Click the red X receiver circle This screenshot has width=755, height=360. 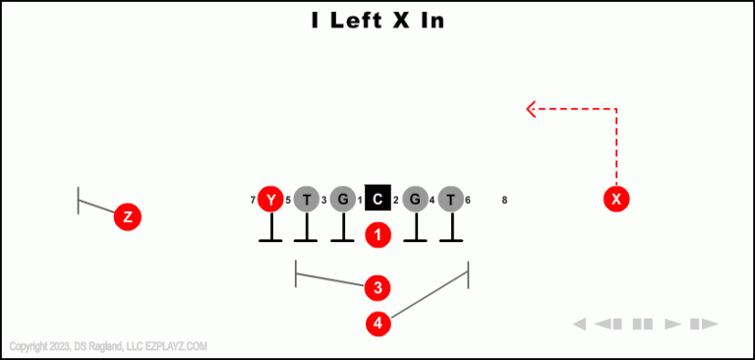coord(616,199)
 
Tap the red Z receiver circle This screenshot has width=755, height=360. coord(127,216)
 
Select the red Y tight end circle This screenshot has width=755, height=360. coord(270,200)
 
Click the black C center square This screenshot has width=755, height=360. coord(377,200)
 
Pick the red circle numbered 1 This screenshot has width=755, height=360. coord(378,235)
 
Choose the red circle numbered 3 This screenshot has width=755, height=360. coord(377,287)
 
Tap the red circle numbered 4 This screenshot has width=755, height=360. coord(377,323)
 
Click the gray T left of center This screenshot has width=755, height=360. coord(307,200)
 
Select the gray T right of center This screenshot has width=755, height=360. coord(450,200)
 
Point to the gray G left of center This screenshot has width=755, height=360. coord(342,200)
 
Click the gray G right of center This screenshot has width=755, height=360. coord(415,200)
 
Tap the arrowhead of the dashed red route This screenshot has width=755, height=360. coord(530,108)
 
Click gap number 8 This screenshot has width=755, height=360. coord(504,201)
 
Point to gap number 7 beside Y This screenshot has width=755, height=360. coord(253,201)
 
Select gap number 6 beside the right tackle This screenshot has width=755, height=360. coord(468,201)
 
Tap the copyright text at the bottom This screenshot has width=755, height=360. coord(108,346)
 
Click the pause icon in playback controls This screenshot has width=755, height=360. coord(643,324)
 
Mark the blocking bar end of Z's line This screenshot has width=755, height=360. coord(79,201)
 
